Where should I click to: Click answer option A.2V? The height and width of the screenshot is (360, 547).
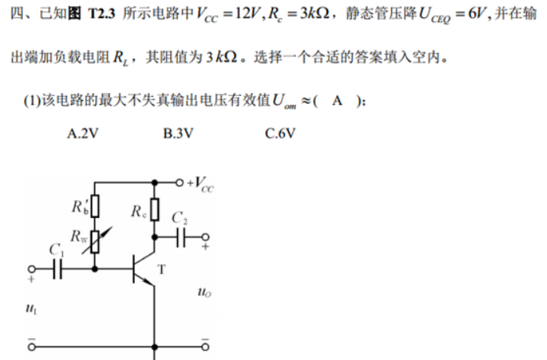(x=83, y=133)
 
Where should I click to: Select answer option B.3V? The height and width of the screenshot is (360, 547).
(x=178, y=133)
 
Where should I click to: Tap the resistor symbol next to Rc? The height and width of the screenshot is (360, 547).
(x=156, y=210)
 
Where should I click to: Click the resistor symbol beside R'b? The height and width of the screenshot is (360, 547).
(x=95, y=206)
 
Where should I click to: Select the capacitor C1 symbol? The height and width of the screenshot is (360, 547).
(x=56, y=269)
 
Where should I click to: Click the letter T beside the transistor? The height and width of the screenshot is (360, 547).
(x=162, y=269)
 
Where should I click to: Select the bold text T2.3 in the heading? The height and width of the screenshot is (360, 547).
(x=107, y=17)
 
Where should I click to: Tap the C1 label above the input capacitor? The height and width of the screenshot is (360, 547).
(x=56, y=249)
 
